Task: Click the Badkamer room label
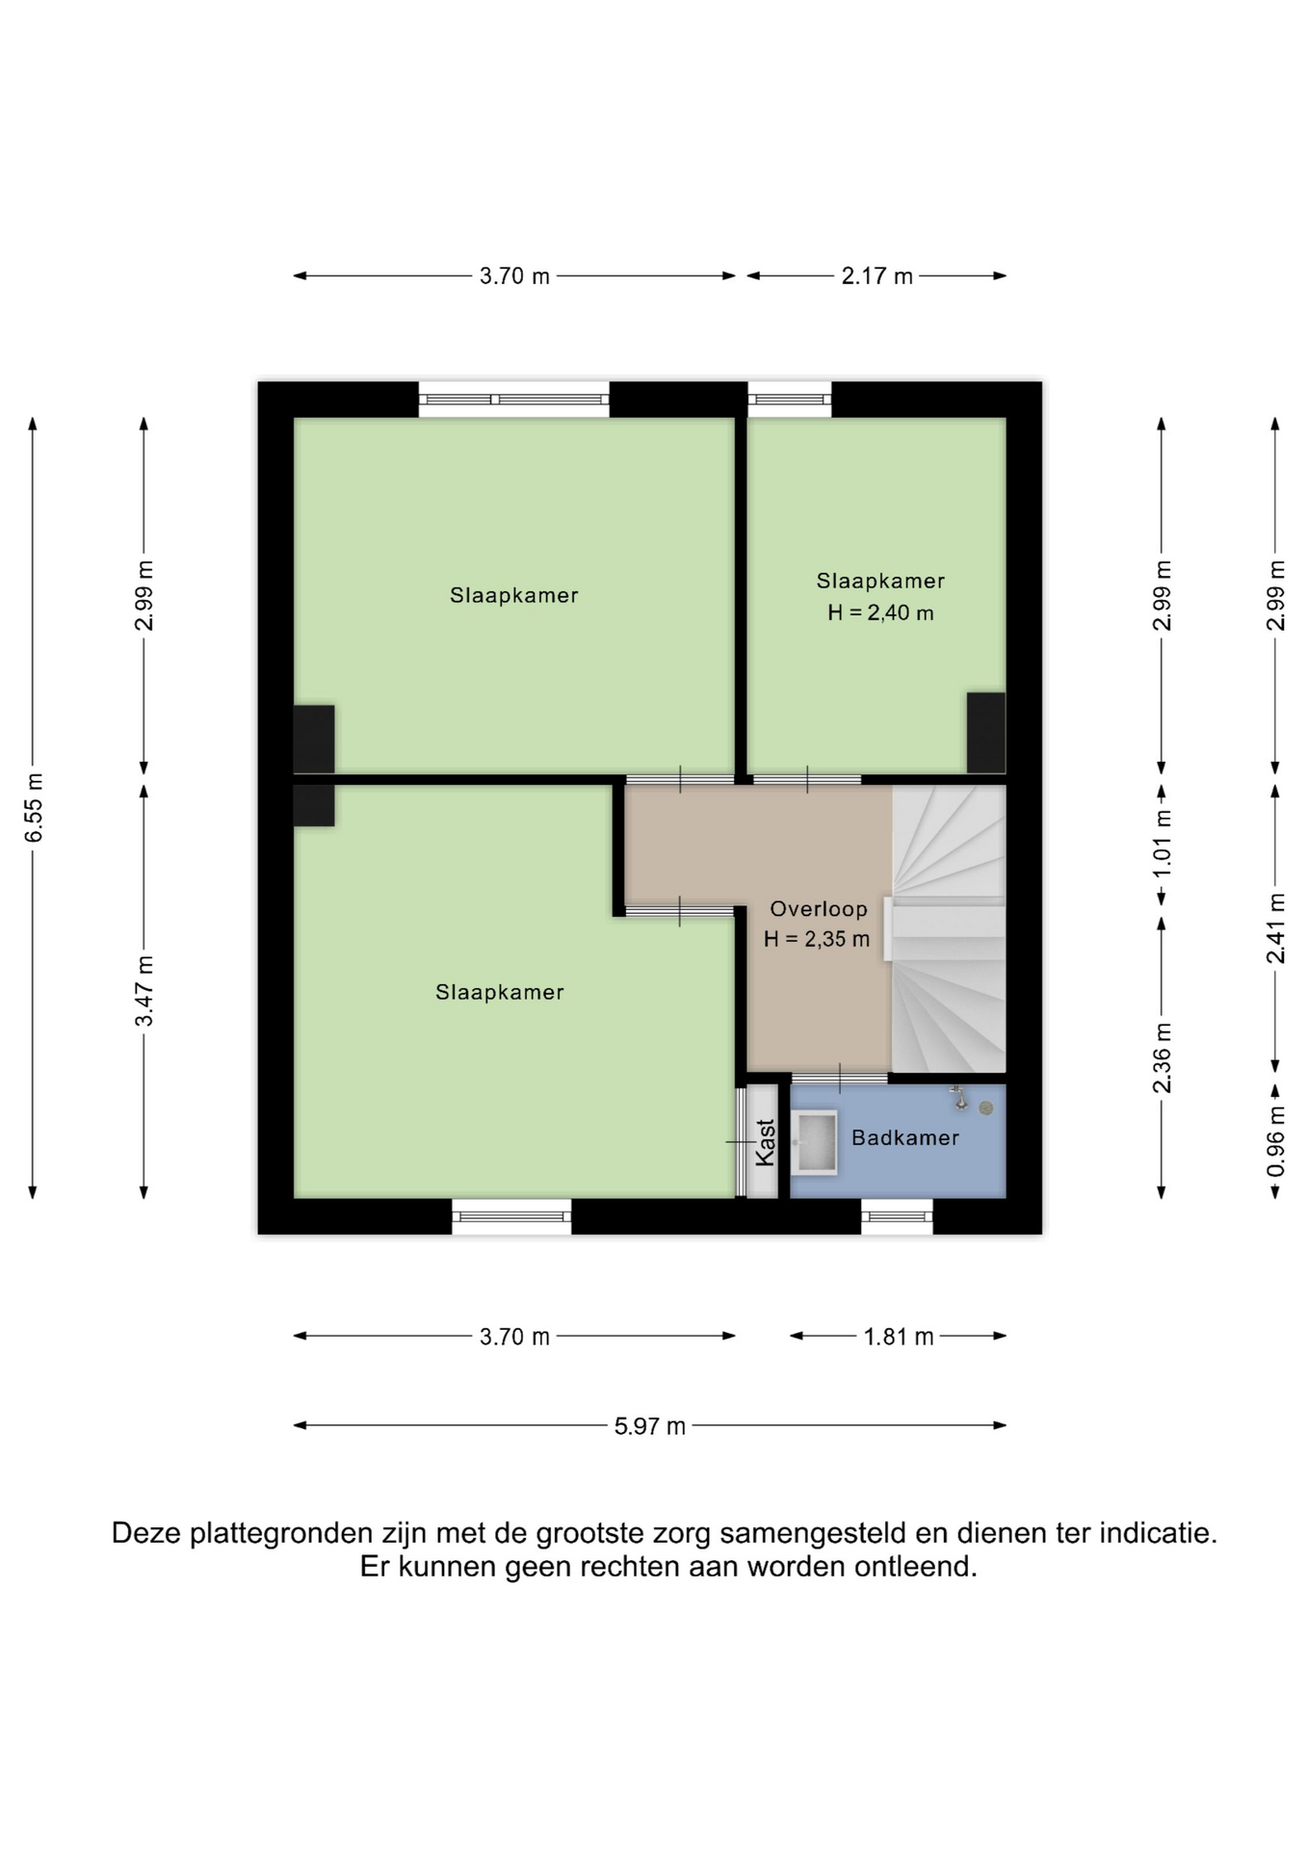click(904, 1137)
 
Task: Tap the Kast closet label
click(765, 1142)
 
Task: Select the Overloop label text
click(818, 909)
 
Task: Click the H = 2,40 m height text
click(880, 612)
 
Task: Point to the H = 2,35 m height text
click(817, 939)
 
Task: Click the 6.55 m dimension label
click(34, 807)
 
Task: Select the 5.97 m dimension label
click(650, 1426)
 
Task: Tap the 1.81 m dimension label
click(899, 1337)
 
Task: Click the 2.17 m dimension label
click(876, 276)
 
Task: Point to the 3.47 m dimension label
click(144, 991)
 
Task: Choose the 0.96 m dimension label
click(1276, 1140)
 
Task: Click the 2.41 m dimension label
click(1276, 928)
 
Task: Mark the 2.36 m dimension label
click(1163, 1058)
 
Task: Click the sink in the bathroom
click(815, 1142)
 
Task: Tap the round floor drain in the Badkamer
click(985, 1107)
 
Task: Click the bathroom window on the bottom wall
click(897, 1216)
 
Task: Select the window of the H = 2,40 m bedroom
click(790, 400)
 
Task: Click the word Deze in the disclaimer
click(146, 1532)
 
